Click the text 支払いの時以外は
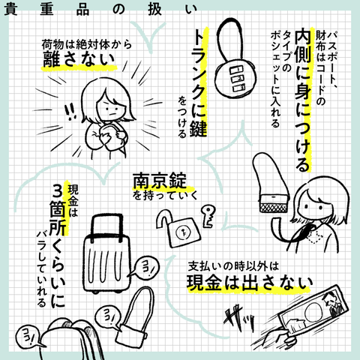[x=232, y=264]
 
